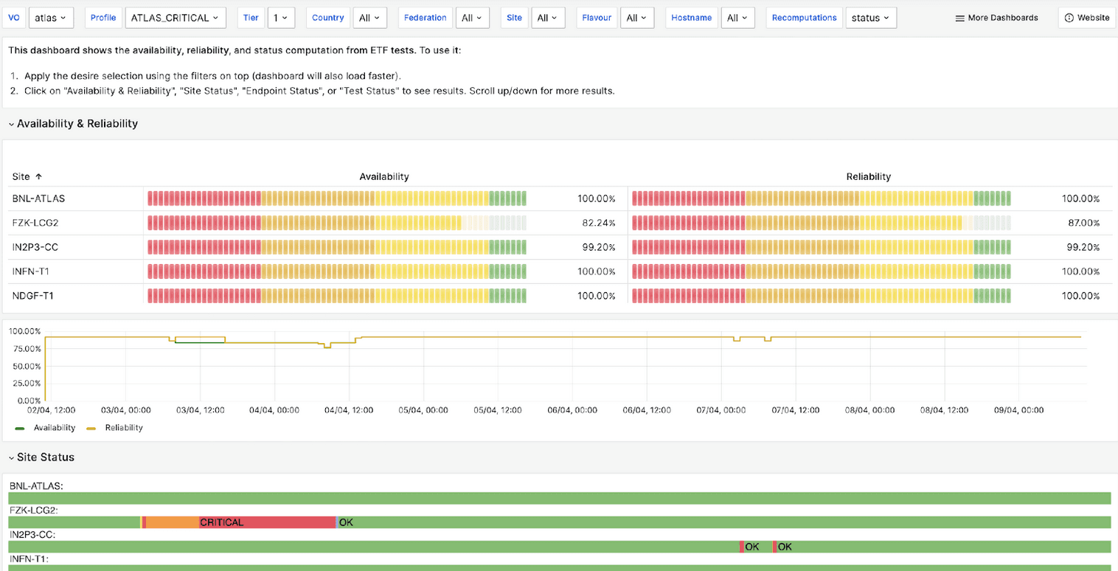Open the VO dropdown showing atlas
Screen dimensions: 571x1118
(x=51, y=18)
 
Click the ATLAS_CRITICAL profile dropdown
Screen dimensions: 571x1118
(x=175, y=18)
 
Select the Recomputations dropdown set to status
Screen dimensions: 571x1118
(x=870, y=18)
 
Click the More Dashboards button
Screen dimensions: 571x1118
(x=996, y=18)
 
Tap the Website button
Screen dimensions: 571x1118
(x=1087, y=18)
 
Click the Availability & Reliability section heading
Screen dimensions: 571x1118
(x=77, y=124)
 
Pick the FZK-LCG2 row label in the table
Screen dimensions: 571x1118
(x=35, y=223)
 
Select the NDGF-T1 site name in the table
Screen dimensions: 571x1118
(x=33, y=296)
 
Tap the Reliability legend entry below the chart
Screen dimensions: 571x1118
(x=123, y=428)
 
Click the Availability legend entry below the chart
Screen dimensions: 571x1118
(x=54, y=428)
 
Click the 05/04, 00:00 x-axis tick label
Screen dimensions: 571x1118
(x=423, y=410)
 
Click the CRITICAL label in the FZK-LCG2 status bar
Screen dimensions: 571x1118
(x=221, y=523)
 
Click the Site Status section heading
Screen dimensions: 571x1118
(x=45, y=457)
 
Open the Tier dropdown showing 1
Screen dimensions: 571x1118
(x=281, y=18)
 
